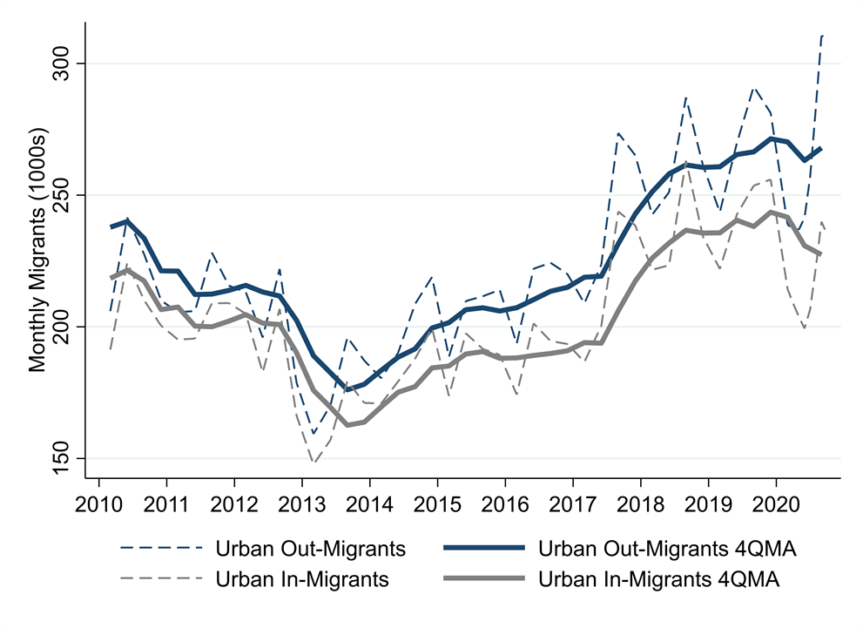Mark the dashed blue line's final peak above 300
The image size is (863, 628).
click(822, 36)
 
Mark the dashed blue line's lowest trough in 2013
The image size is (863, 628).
click(314, 433)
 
